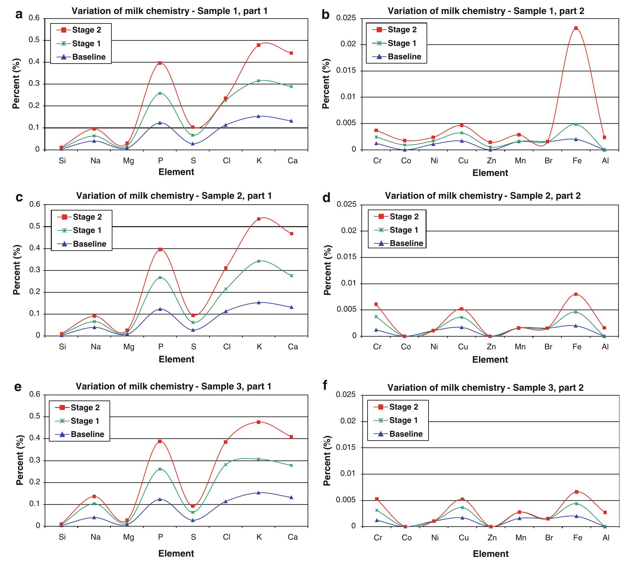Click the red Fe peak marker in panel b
pos(576,28)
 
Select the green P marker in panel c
pos(160,278)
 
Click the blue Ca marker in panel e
pos(291,497)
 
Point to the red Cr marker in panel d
pos(376,304)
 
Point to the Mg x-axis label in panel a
pos(128,161)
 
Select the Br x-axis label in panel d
pos(548,347)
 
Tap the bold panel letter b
pos(325,15)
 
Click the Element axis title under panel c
pos(176,359)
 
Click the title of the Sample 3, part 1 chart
pos(173,386)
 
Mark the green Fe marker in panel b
pos(576,124)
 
